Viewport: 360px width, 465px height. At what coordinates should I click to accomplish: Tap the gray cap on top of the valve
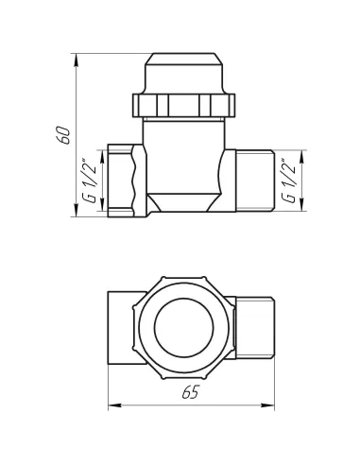click(184, 48)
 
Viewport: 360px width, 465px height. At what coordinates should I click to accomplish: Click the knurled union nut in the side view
click(184, 103)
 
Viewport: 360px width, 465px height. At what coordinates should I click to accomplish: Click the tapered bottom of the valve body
click(184, 202)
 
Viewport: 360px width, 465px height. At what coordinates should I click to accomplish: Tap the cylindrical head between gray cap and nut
click(184, 71)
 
